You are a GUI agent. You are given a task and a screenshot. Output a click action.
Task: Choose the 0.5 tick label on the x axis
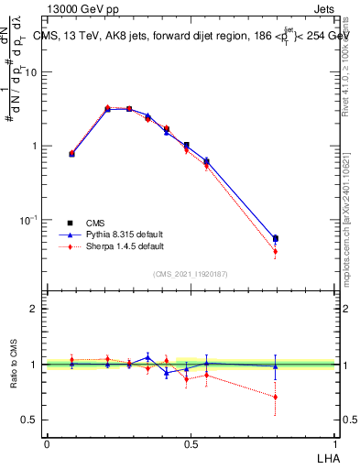[x=191, y=443]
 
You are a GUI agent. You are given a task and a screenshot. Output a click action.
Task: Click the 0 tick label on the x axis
[x=47, y=443]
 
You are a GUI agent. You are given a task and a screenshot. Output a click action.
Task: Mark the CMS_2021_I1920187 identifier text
[x=191, y=274]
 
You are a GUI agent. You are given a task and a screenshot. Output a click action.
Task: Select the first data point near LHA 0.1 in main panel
[x=71, y=154]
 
